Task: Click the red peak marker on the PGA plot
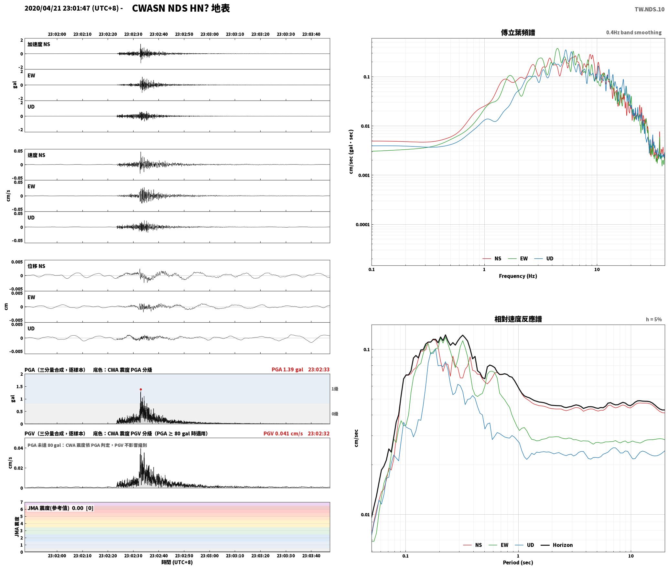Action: coord(141,389)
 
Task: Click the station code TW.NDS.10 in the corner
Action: coord(649,9)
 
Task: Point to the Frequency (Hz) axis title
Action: coord(518,276)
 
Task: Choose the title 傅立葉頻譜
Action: coord(518,32)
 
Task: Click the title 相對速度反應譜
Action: coord(518,319)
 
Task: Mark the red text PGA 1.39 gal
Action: coord(287,370)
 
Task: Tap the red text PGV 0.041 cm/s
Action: coord(283,434)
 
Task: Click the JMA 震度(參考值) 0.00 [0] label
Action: coord(60,508)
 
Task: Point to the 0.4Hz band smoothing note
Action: coord(634,32)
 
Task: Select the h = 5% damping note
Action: coord(654,319)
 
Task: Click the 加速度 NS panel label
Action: coord(39,44)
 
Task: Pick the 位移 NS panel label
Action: coord(36,266)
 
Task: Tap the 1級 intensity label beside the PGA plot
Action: coord(335,389)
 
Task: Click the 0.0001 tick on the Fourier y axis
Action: coord(362,225)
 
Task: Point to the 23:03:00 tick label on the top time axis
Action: coord(210,34)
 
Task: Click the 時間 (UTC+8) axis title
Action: coord(177,562)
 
